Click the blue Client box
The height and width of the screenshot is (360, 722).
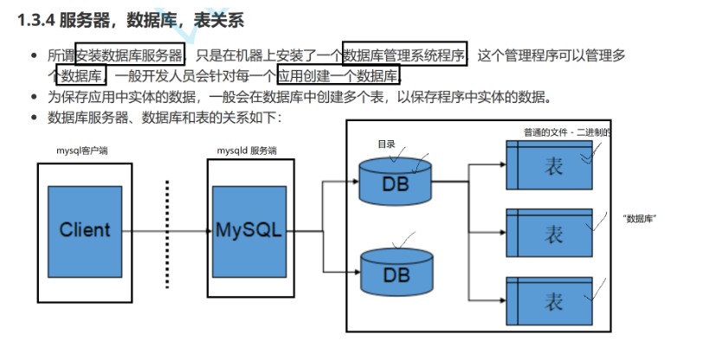pos(84,229)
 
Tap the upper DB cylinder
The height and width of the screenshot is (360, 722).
pos(396,179)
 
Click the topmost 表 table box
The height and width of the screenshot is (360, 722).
pos(549,165)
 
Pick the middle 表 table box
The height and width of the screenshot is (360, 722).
pos(549,233)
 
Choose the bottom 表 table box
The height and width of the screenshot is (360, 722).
pos(549,300)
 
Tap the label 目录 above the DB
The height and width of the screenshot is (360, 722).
pos(386,142)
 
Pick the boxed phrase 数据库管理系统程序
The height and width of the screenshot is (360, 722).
pos(404,55)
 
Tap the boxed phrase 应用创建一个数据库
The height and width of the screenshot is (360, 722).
pos(338,75)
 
